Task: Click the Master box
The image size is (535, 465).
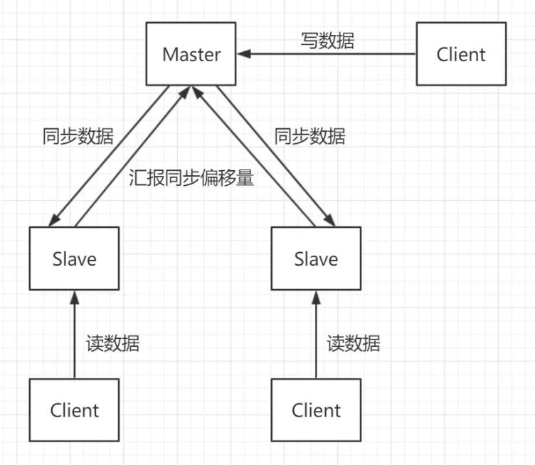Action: (191, 54)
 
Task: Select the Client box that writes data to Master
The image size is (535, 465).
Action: (461, 54)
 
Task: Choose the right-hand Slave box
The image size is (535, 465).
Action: (315, 258)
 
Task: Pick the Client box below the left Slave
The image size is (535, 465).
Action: (75, 410)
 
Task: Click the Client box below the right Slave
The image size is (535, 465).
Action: (316, 410)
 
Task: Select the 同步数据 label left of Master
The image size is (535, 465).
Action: (78, 136)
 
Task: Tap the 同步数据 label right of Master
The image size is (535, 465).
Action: (309, 136)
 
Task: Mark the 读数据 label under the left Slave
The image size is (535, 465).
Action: (112, 343)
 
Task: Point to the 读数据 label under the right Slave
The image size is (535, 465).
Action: (354, 343)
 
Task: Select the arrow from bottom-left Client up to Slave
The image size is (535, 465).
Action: (75, 335)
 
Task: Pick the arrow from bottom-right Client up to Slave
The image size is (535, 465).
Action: (316, 335)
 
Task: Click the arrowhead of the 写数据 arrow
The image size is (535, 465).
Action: (243, 54)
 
